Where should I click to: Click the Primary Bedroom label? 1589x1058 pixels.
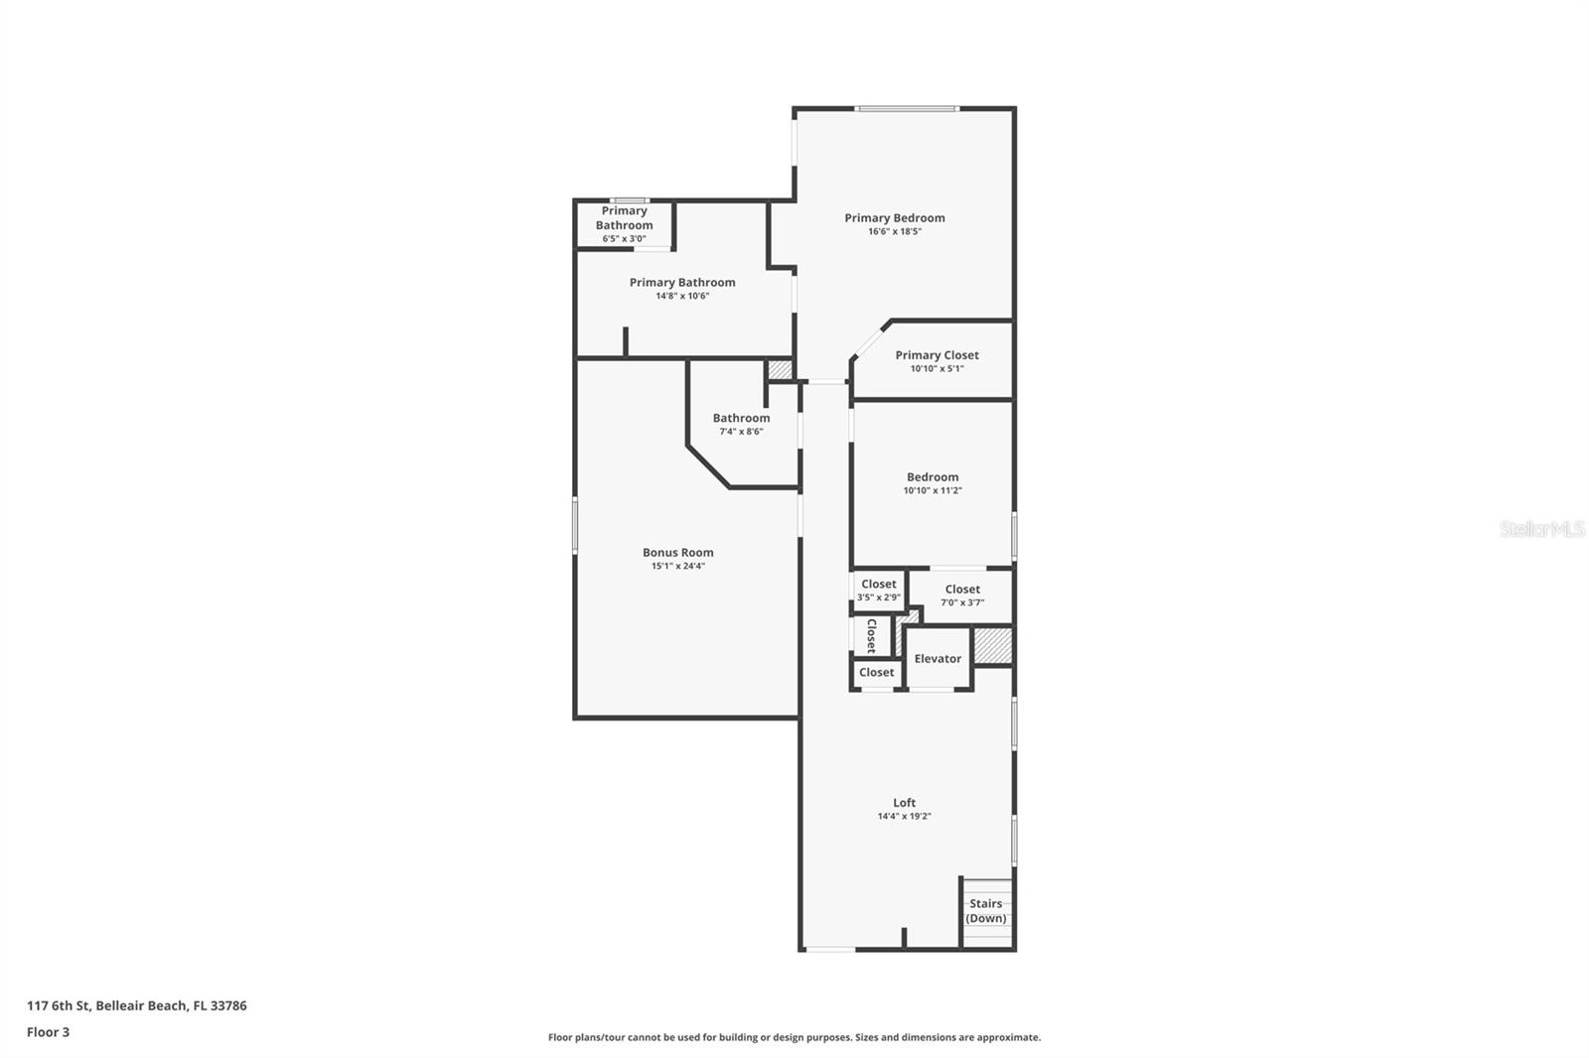tap(894, 218)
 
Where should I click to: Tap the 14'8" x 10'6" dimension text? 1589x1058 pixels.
tap(682, 296)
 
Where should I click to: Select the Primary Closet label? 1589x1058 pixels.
tap(937, 355)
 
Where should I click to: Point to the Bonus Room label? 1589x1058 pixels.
tap(678, 553)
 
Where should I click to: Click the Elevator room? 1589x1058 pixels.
tap(938, 659)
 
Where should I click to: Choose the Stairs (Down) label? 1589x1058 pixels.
tap(986, 911)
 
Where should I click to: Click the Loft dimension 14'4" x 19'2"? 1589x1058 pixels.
tap(904, 817)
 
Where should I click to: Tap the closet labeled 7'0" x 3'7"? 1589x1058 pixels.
tap(962, 595)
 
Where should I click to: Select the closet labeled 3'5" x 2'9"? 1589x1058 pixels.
tap(879, 590)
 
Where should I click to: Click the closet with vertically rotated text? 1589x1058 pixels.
tap(871, 635)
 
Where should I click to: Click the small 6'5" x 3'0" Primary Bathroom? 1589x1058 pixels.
tap(625, 224)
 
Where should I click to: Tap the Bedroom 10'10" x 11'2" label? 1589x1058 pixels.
tap(933, 482)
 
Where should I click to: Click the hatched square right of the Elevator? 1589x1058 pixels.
tap(992, 646)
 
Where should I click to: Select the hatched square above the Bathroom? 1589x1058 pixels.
tap(781, 369)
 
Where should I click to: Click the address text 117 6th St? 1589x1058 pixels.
tap(136, 1005)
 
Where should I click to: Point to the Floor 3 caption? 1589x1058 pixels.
tap(48, 1032)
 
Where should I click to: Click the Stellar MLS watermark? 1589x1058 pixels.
tap(1541, 529)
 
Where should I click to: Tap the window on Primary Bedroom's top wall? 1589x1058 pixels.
tap(907, 108)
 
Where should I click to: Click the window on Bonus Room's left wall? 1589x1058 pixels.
tap(575, 525)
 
